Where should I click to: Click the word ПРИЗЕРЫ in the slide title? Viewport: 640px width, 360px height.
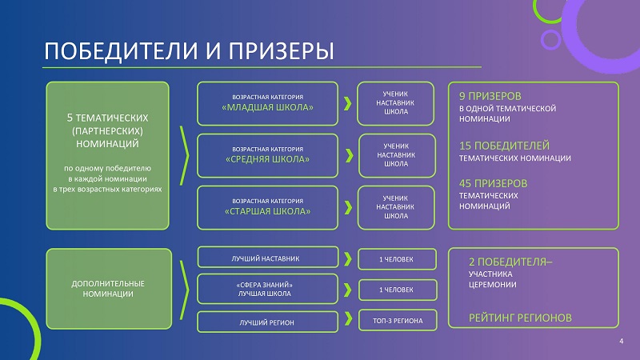(281, 51)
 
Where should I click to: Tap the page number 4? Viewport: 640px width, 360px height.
(622, 342)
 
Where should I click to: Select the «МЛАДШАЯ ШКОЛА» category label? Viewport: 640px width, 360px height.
(267, 107)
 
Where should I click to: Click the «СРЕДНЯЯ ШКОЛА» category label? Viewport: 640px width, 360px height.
(267, 159)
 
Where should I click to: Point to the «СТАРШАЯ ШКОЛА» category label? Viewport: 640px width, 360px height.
(267, 211)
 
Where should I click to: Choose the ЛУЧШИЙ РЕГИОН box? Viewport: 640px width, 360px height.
(268, 322)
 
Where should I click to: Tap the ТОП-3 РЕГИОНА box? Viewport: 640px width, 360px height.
(398, 321)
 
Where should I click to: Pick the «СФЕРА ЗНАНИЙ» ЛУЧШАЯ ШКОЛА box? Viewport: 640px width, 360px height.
(268, 289)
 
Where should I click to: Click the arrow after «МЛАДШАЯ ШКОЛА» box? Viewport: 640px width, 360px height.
(347, 104)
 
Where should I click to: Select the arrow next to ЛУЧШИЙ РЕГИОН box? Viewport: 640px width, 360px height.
(348, 318)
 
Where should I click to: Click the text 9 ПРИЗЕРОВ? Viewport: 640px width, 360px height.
(490, 96)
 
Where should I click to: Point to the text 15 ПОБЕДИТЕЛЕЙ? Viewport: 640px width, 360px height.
(504, 146)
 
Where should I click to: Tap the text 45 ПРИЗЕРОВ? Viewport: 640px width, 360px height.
(493, 183)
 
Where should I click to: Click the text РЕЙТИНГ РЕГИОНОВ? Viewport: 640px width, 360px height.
(520, 318)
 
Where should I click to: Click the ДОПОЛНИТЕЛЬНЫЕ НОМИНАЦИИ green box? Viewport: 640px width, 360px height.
(109, 289)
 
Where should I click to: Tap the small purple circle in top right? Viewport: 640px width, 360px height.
(550, 39)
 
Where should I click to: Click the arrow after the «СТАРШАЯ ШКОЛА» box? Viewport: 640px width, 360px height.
(348, 207)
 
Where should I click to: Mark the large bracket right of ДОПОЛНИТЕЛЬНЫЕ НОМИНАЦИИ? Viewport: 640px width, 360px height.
(185, 290)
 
